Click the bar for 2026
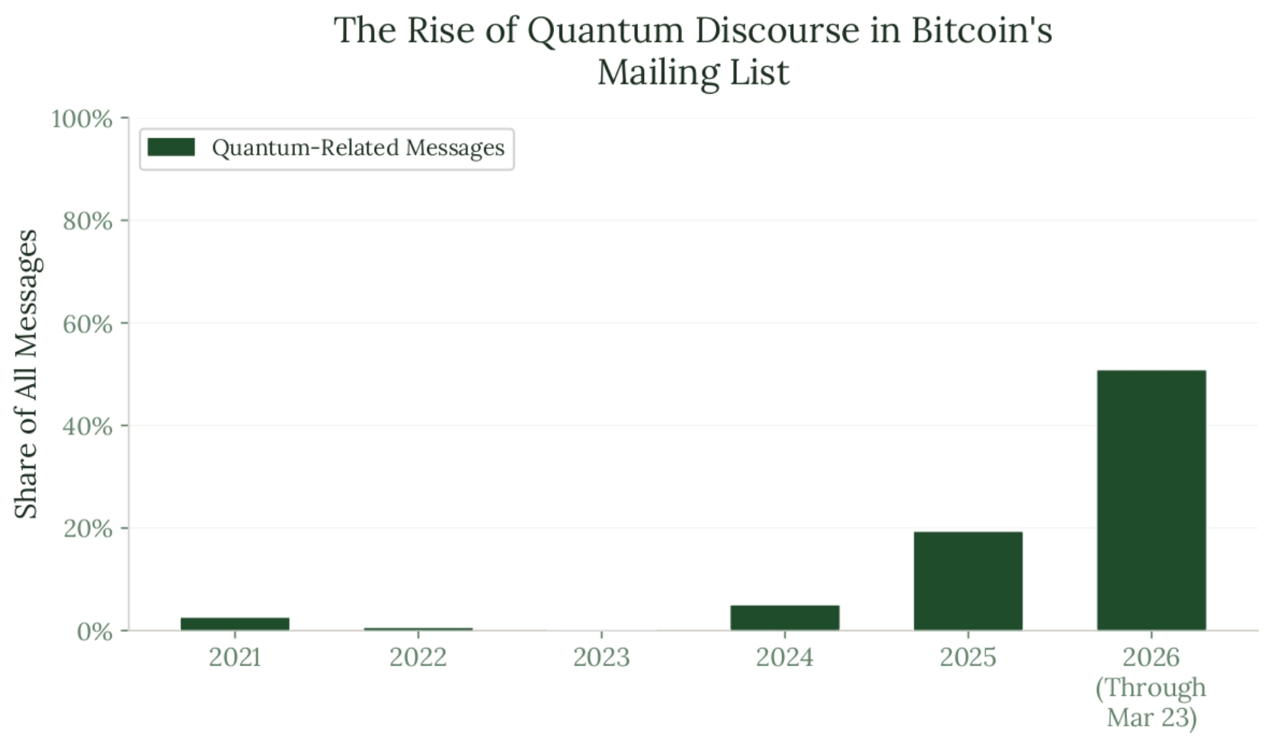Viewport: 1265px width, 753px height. tap(1151, 500)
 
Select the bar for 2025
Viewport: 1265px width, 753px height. tap(968, 581)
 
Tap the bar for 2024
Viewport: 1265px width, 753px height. tap(785, 617)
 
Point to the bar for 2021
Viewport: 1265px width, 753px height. tap(235, 623)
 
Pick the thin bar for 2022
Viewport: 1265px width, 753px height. tap(418, 629)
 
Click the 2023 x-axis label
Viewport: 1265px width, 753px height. tap(601, 657)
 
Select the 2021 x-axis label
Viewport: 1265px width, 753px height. tap(235, 657)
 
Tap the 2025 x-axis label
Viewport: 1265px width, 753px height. tap(968, 657)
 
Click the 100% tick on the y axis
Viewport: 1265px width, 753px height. tap(82, 119)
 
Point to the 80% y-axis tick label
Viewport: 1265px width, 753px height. tap(87, 221)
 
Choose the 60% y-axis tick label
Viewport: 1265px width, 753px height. tap(87, 324)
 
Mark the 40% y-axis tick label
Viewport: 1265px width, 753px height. tap(87, 426)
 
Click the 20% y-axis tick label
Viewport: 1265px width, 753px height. tap(87, 528)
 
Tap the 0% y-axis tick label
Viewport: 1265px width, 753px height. tap(94, 631)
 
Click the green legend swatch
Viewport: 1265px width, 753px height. tap(171, 147)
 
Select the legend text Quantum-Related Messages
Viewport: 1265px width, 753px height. tap(358, 147)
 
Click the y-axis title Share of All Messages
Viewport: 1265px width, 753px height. tap(27, 373)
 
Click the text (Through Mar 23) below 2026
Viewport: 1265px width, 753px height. tap(1151, 703)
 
